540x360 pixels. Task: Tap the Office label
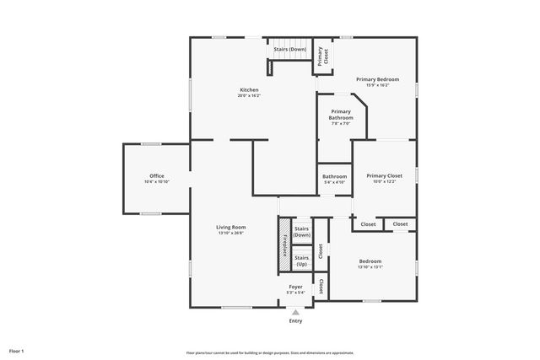[157, 175]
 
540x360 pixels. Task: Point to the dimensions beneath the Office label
[157, 182]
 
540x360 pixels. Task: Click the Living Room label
[230, 227]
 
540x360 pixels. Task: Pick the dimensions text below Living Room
[230, 234]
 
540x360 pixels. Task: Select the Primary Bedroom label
[377, 79]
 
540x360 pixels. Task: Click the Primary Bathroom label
[341, 115]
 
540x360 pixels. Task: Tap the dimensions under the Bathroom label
[334, 182]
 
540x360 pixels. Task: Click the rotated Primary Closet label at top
[321, 56]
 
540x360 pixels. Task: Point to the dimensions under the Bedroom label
[370, 267]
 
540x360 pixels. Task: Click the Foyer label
[295, 287]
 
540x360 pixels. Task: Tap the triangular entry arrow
[295, 312]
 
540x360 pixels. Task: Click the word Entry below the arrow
[295, 321]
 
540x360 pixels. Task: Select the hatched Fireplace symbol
[284, 244]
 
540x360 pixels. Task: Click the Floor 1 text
[16, 350]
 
